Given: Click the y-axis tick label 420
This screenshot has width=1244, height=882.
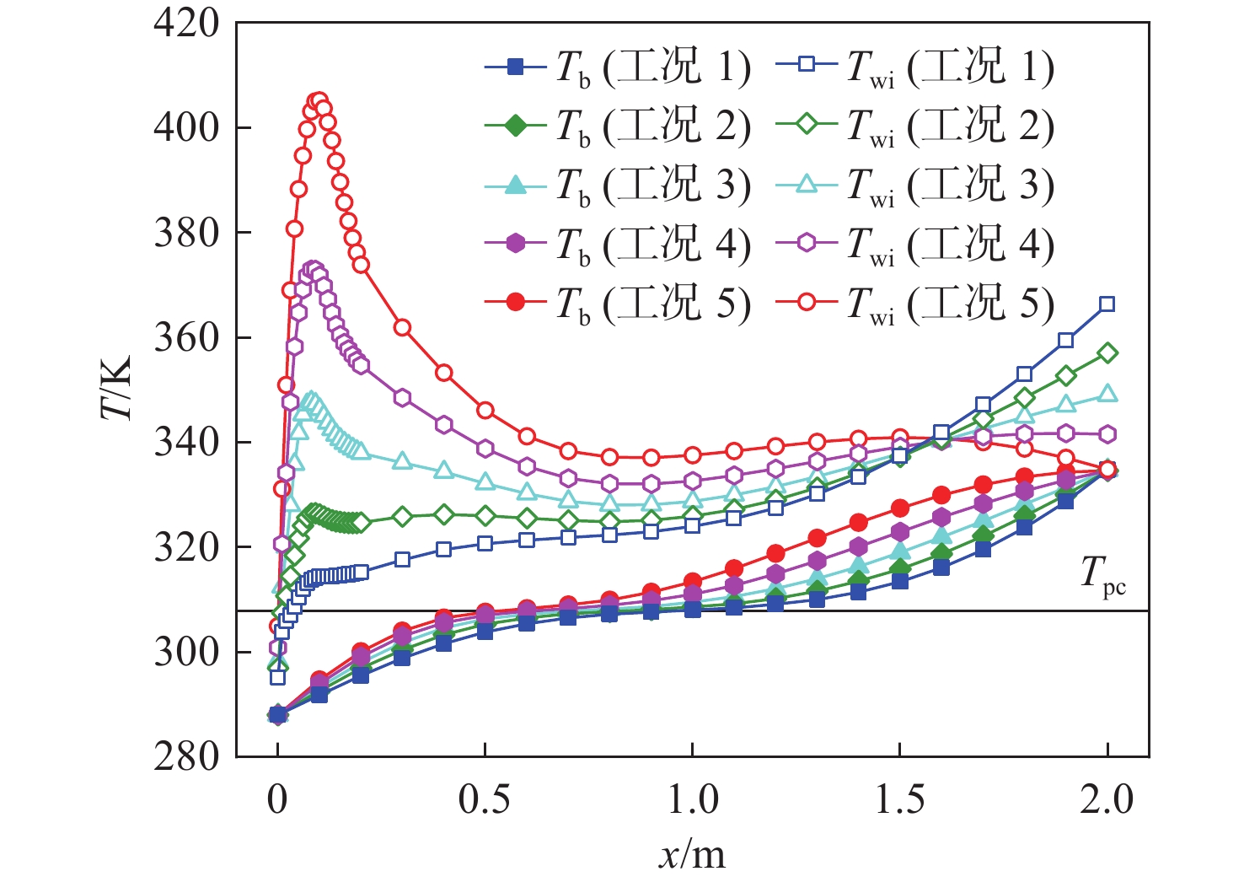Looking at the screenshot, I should pyautogui.click(x=186, y=24).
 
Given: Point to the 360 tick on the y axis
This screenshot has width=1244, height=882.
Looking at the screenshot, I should pyautogui.click(x=186, y=337).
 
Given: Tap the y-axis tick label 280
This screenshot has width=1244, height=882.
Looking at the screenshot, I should pyautogui.click(x=186, y=756).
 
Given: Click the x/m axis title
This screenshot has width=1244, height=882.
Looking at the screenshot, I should pyautogui.click(x=692, y=855).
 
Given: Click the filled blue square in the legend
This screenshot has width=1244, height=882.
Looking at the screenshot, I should pyautogui.click(x=517, y=67).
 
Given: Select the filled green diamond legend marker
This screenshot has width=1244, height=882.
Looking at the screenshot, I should pyautogui.click(x=517, y=126).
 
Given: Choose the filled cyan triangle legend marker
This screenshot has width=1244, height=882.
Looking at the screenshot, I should pyautogui.click(x=517, y=186).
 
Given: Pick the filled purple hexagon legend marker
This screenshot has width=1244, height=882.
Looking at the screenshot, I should pyautogui.click(x=517, y=245).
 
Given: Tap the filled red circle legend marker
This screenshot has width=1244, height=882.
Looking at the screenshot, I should pyautogui.click(x=517, y=303).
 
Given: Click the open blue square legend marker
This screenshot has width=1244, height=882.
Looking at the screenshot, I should pyautogui.click(x=807, y=67).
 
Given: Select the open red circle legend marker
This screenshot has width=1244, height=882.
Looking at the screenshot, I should pyautogui.click(x=807, y=303).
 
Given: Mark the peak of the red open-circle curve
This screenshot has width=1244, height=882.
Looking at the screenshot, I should pyautogui.click(x=319, y=100).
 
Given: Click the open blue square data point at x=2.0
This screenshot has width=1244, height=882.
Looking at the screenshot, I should pyautogui.click(x=1107, y=304).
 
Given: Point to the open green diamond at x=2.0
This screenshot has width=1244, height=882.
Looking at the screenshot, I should pyautogui.click(x=1107, y=352).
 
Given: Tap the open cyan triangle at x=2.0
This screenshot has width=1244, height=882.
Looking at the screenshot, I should pyautogui.click(x=1107, y=394).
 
